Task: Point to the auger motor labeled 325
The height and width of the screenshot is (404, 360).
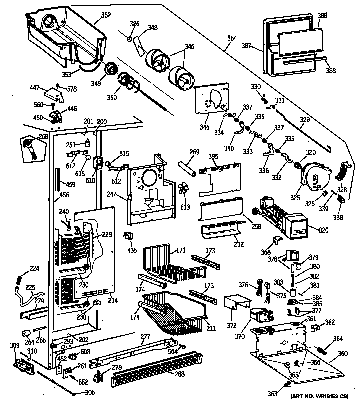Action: (312, 177)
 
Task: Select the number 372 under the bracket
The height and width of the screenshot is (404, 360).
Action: (231, 326)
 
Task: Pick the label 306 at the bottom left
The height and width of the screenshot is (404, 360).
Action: (89, 392)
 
